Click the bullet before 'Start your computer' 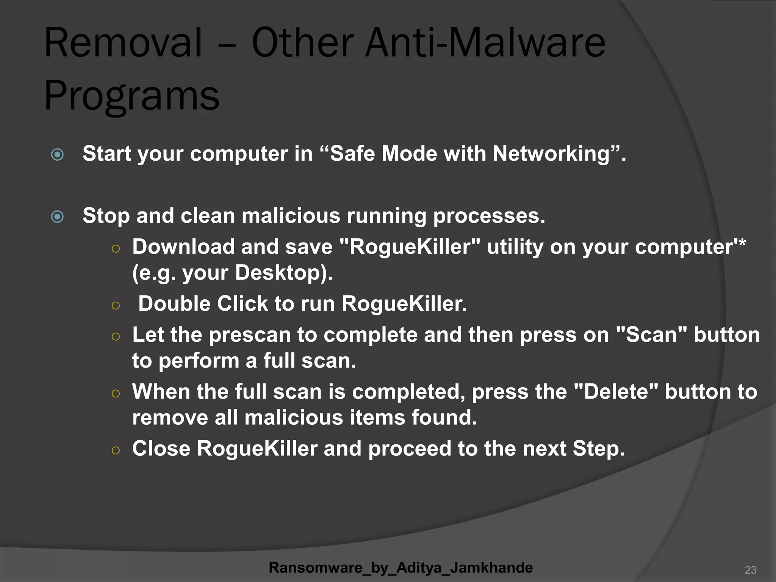click(x=57, y=154)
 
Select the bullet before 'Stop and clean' click(x=57, y=216)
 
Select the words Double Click click(x=203, y=304)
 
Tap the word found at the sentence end click(x=443, y=418)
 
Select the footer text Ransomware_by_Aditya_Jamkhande click(x=401, y=568)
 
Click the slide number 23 click(x=750, y=570)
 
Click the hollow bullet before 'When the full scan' click(x=116, y=394)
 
